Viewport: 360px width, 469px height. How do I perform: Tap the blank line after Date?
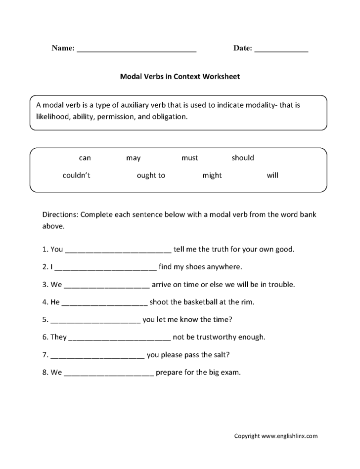pos(281,49)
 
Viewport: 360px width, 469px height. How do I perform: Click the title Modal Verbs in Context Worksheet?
pos(180,77)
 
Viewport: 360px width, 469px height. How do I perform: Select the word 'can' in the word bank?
pos(85,158)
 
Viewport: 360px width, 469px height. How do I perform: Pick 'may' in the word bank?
pos(133,158)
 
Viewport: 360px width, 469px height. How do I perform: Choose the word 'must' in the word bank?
pos(189,158)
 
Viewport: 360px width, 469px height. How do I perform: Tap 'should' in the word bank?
pos(243,158)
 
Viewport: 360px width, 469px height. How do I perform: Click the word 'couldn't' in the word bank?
pos(77,175)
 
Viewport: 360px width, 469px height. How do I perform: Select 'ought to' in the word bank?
pos(151,175)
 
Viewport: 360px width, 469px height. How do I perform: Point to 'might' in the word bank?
pos(212,175)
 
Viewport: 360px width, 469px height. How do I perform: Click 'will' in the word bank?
pos(272,175)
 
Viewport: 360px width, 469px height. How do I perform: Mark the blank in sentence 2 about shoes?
pos(106,268)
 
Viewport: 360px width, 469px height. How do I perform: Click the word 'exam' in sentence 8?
pos(230,373)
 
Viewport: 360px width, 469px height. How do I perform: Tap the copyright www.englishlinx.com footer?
pos(275,436)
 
